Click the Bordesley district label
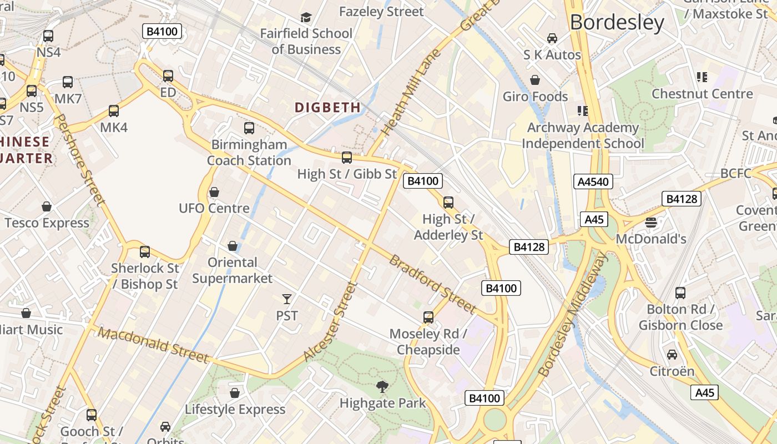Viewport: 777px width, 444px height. (x=617, y=23)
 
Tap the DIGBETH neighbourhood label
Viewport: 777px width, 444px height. (x=327, y=107)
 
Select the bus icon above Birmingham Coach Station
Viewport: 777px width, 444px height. (x=249, y=128)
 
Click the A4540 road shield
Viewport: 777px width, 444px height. (x=593, y=181)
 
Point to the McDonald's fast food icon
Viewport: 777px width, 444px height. (x=651, y=223)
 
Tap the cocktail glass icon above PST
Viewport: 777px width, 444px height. (x=287, y=299)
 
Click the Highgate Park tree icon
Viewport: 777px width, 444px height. (x=382, y=386)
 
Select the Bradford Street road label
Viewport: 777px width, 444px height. (x=432, y=284)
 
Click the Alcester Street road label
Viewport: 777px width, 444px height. (x=331, y=322)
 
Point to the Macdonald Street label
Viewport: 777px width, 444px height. (x=154, y=345)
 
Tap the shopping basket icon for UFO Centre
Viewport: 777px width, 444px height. (x=214, y=192)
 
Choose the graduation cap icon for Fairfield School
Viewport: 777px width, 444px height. (x=306, y=18)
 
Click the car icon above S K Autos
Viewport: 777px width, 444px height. (x=552, y=38)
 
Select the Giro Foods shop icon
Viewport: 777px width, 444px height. (x=535, y=80)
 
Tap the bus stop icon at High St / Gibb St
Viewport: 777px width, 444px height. (x=347, y=158)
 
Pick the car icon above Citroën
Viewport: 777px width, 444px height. (x=672, y=354)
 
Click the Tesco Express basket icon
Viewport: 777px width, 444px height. (x=47, y=206)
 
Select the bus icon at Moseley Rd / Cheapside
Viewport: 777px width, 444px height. (x=428, y=317)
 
